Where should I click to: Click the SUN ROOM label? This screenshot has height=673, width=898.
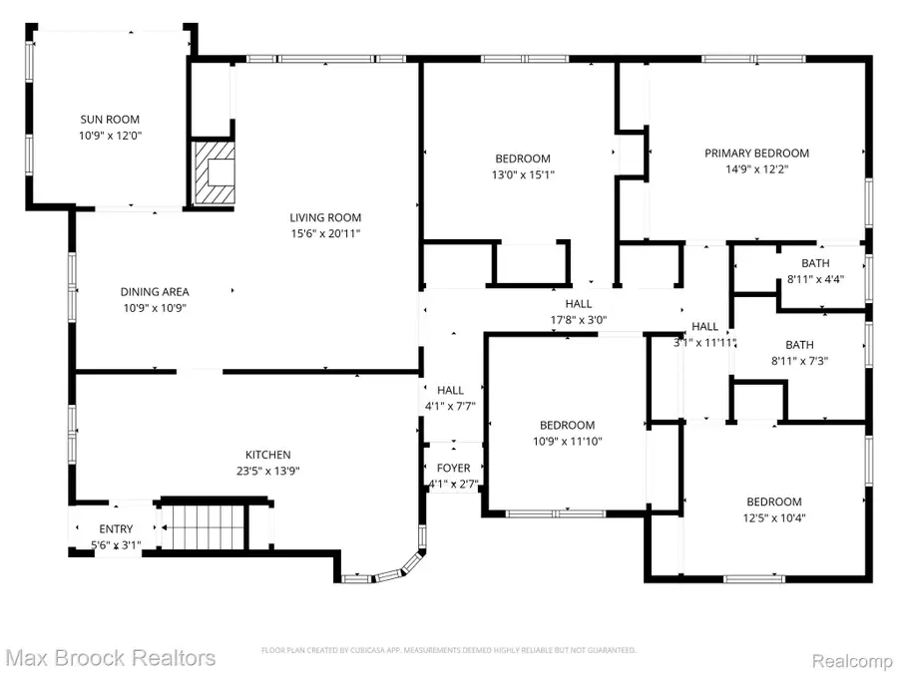point(111,118)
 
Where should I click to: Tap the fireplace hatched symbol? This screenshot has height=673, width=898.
point(214,171)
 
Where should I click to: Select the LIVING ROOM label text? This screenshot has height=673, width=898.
point(325,217)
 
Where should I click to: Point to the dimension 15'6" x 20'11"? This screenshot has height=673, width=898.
point(325,233)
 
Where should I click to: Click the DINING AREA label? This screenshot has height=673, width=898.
point(155,292)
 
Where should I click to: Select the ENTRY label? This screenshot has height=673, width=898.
point(116,529)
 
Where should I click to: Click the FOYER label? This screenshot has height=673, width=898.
point(453,469)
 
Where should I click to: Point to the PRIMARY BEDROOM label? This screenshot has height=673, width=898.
point(756,154)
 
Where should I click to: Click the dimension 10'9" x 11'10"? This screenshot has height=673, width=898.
point(567,441)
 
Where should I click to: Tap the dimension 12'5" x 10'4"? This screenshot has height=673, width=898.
point(773,517)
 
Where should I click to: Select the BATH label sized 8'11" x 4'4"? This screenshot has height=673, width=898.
point(814,263)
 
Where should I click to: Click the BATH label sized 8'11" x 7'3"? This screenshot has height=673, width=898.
point(814,345)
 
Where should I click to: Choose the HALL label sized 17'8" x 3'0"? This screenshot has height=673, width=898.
point(578,304)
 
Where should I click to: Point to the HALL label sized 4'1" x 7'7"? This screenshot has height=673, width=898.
point(450,391)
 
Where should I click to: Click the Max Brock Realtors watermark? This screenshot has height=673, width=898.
point(110,657)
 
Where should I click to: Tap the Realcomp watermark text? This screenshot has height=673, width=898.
point(849,658)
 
